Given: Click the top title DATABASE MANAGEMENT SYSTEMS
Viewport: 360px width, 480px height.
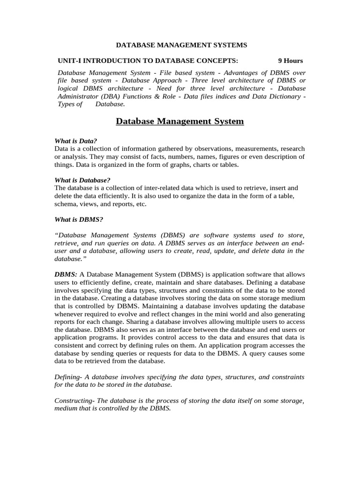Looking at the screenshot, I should [181, 45].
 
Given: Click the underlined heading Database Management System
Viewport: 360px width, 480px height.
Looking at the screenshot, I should [180, 121].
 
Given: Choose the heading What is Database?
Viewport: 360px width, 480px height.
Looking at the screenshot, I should [82, 180].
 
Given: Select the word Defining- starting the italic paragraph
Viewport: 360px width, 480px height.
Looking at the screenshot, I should [69, 377].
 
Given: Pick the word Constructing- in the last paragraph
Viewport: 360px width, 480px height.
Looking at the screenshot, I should [75, 400].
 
